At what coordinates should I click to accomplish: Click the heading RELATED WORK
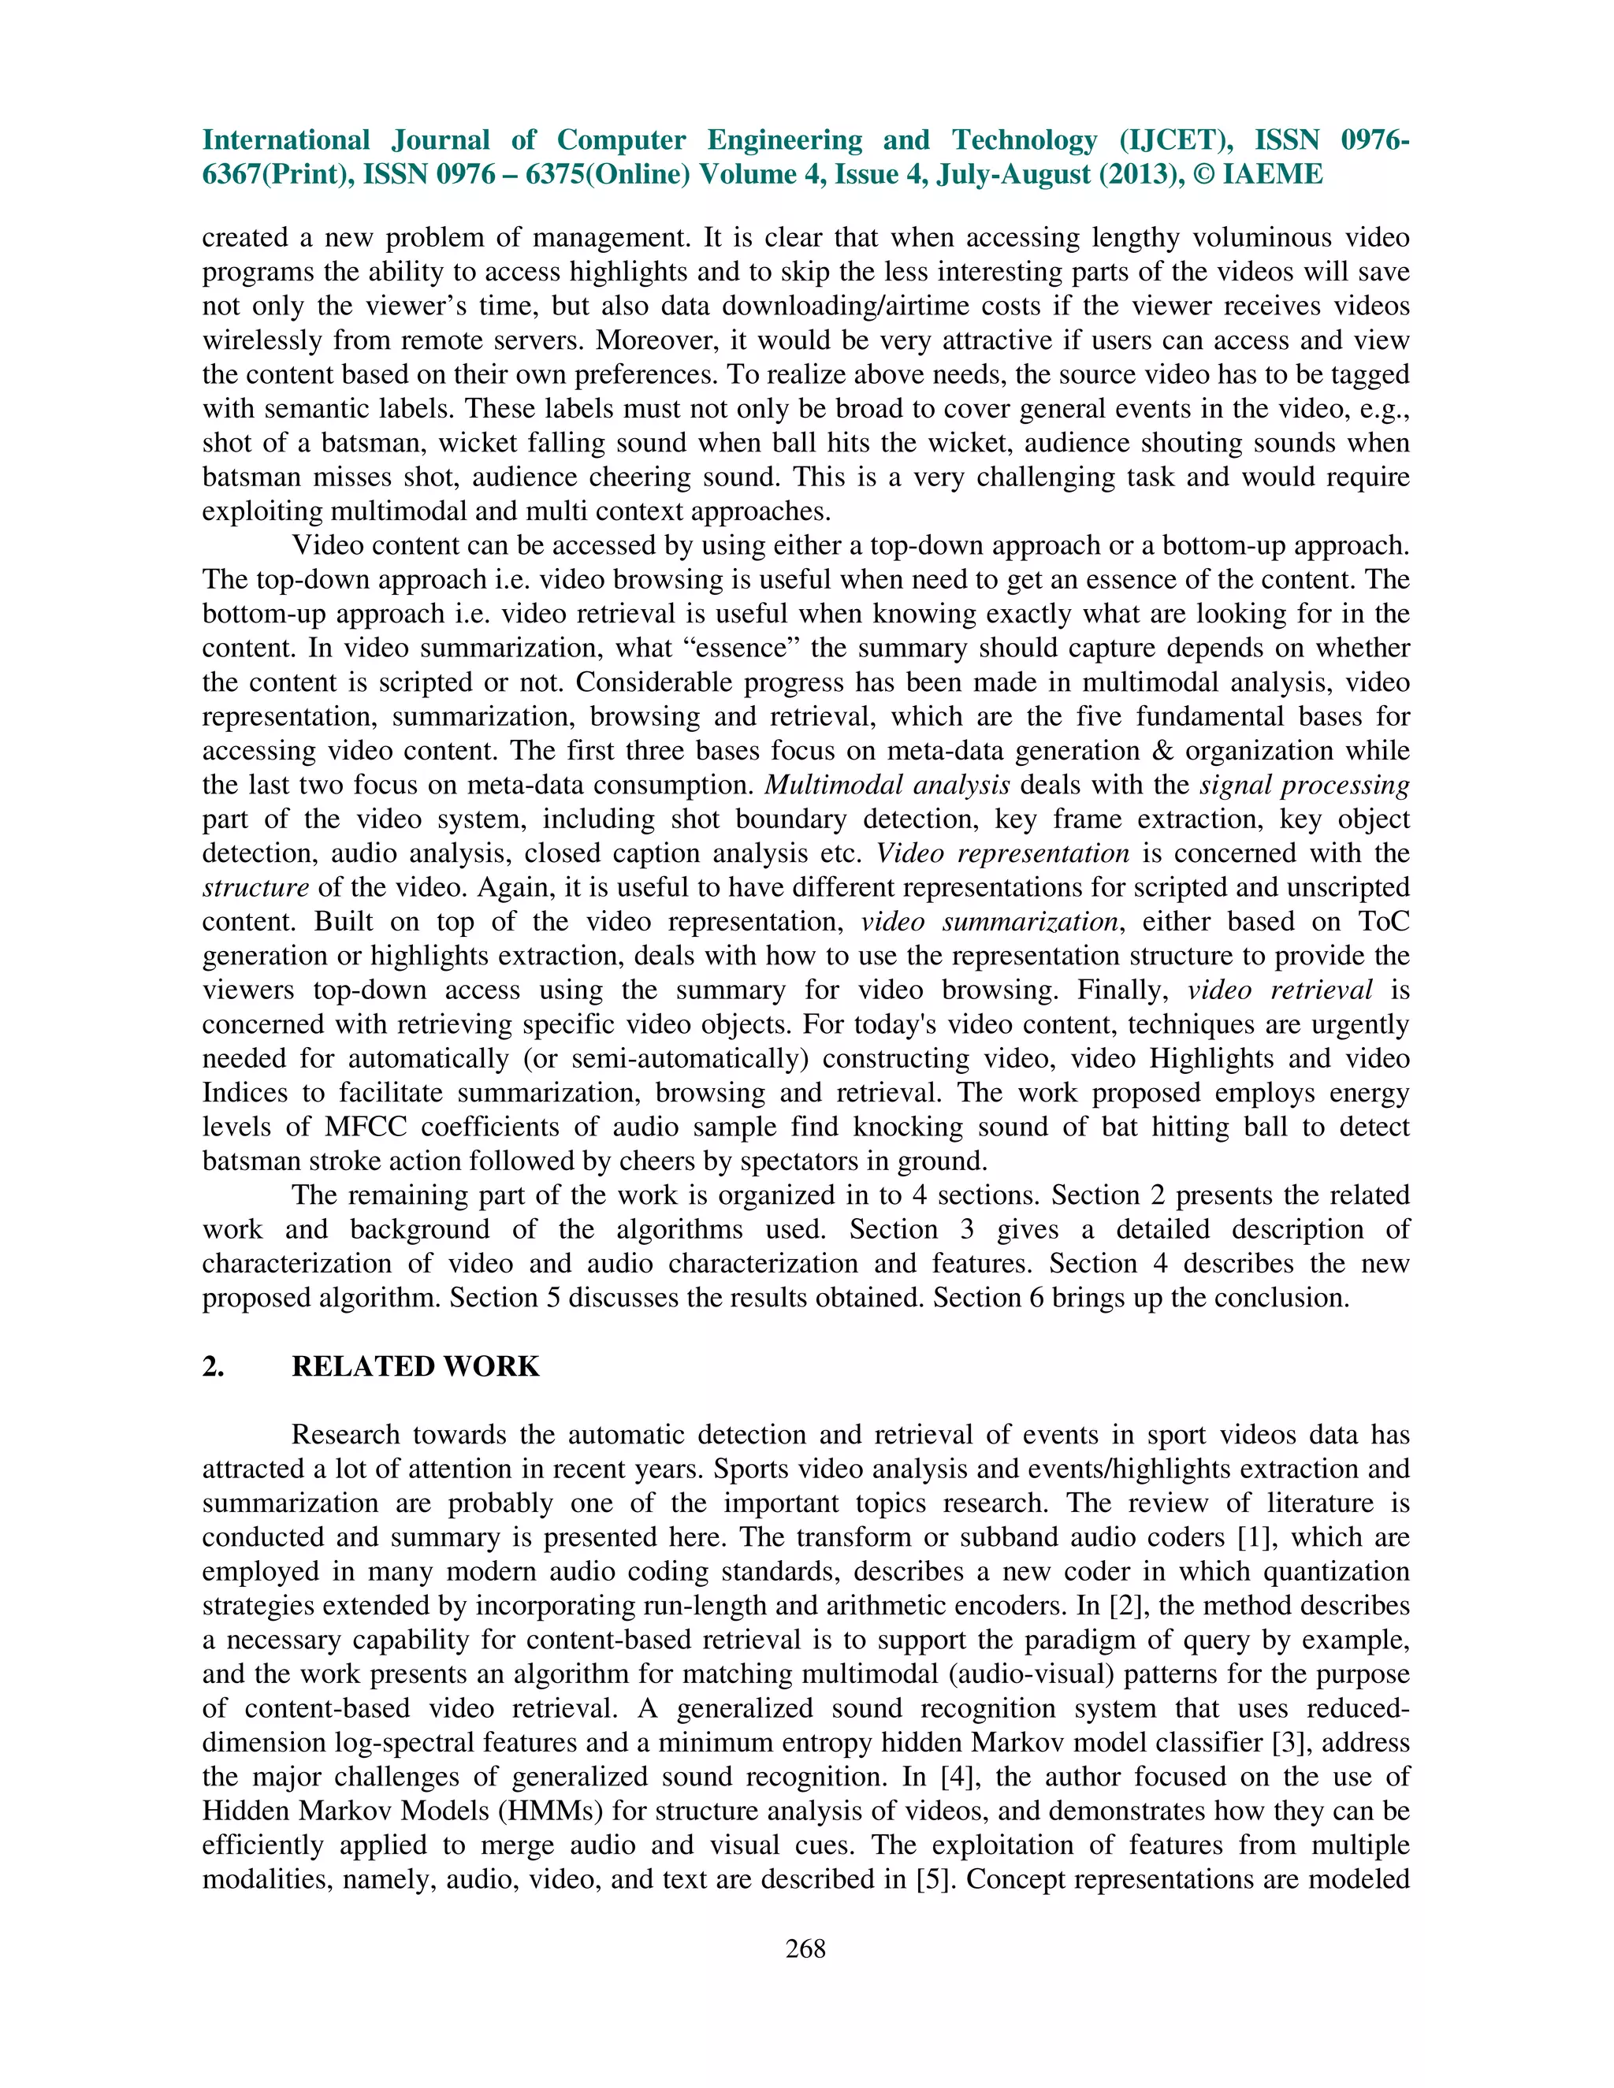415,1366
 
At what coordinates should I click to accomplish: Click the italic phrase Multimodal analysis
887,786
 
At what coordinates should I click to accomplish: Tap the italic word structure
255,888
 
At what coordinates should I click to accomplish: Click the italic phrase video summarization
989,923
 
